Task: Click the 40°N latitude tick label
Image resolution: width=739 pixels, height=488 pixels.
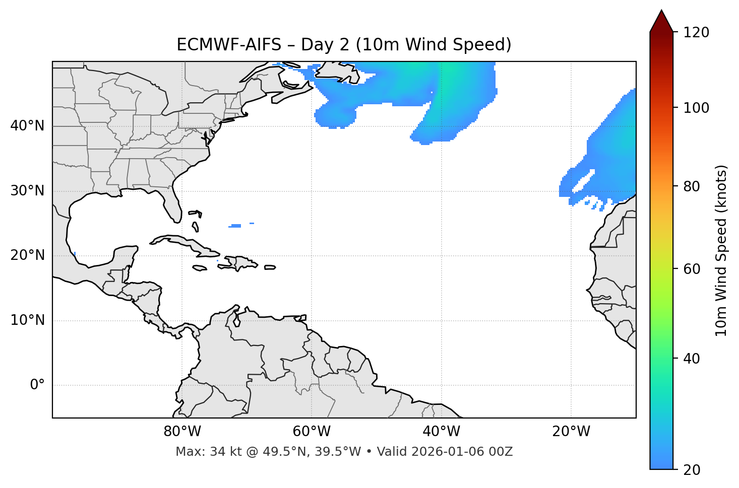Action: click(27, 125)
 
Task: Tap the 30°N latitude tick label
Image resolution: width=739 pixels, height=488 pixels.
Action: click(27, 190)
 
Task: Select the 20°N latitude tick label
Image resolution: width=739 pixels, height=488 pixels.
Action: click(27, 255)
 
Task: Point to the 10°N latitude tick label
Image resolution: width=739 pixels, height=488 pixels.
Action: click(27, 320)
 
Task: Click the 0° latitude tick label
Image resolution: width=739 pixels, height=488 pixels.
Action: click(37, 385)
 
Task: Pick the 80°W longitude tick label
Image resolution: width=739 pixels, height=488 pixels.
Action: click(182, 432)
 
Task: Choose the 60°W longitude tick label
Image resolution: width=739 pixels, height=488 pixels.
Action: click(312, 432)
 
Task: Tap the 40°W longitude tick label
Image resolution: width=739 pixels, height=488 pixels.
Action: click(441, 432)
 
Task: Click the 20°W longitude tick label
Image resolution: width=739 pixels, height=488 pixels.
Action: click(571, 432)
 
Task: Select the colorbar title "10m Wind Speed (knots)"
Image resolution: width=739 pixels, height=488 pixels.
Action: click(721, 250)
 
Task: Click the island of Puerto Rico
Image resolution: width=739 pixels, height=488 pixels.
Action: click(270, 267)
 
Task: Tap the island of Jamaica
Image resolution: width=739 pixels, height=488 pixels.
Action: click(200, 268)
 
